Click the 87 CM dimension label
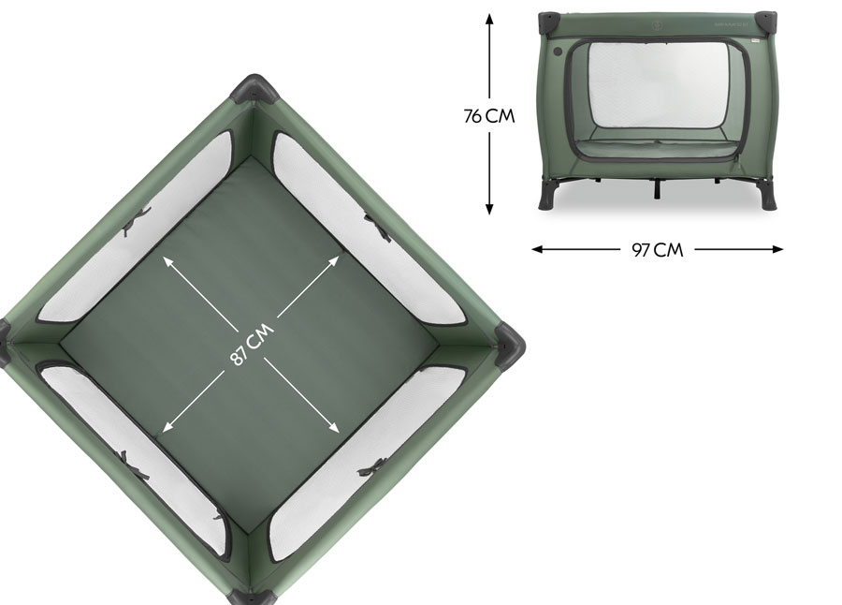point(252,345)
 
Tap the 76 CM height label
point(489,115)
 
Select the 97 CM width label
point(658,250)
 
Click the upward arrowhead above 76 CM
point(489,19)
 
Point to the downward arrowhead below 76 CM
point(489,209)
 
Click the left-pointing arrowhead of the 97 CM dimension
point(538,249)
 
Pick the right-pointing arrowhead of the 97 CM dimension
point(777,249)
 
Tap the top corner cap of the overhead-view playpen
point(254,89)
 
